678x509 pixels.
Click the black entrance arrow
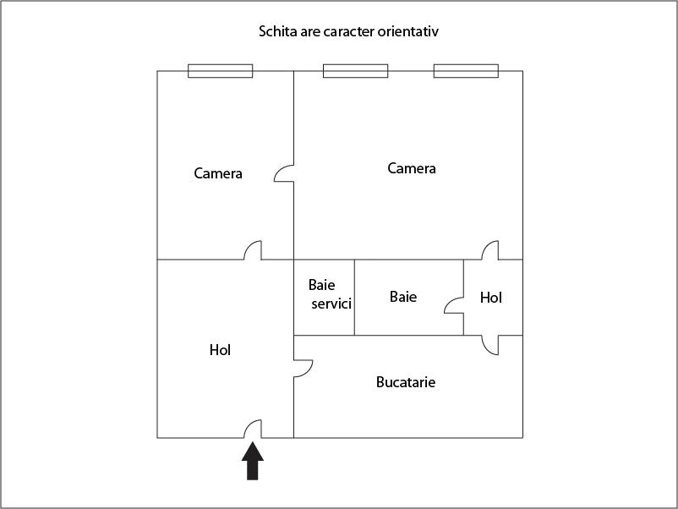coord(253,461)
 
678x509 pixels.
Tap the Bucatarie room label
coord(406,382)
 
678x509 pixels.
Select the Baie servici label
coord(330,294)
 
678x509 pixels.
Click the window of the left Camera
coord(220,71)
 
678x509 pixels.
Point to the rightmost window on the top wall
coord(466,71)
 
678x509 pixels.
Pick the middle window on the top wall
coord(355,71)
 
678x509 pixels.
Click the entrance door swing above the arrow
coord(253,429)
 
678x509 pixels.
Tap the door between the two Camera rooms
coord(284,173)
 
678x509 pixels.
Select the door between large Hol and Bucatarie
coord(303,369)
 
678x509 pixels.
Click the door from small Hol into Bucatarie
coord(490,345)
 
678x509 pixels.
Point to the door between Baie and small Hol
coord(454,305)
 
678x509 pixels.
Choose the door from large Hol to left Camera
coord(253,250)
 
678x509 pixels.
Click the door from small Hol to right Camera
coord(490,250)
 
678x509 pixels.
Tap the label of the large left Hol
coord(220,350)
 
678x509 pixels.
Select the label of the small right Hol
coord(491,298)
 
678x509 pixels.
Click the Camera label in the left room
coord(218,173)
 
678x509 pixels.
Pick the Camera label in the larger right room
coord(412,168)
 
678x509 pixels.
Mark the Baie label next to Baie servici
coord(403,297)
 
